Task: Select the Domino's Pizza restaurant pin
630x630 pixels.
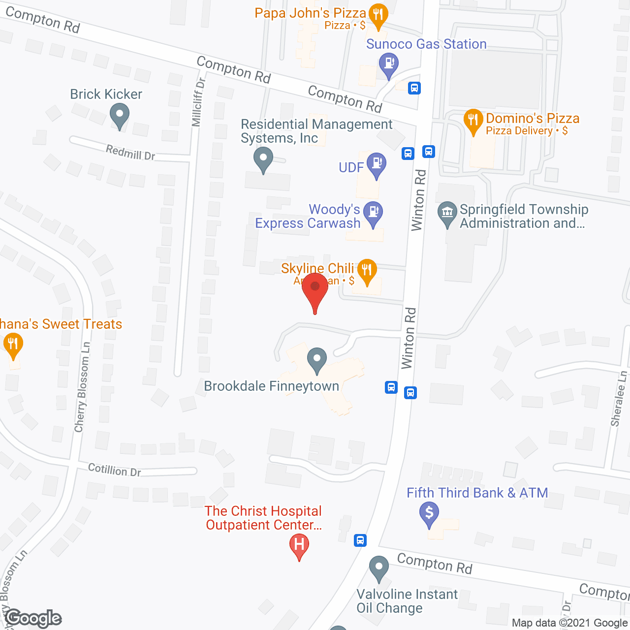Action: [473, 121]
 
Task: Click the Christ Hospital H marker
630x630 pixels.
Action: [299, 545]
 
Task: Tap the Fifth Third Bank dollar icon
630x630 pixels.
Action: [429, 514]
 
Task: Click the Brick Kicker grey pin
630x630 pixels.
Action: [120, 117]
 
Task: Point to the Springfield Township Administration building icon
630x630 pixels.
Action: [447, 214]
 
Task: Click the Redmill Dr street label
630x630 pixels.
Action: [130, 153]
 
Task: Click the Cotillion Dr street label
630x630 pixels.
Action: [114, 470]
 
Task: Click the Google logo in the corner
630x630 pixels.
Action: [33, 619]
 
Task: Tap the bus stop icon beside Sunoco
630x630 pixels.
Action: [414, 88]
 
